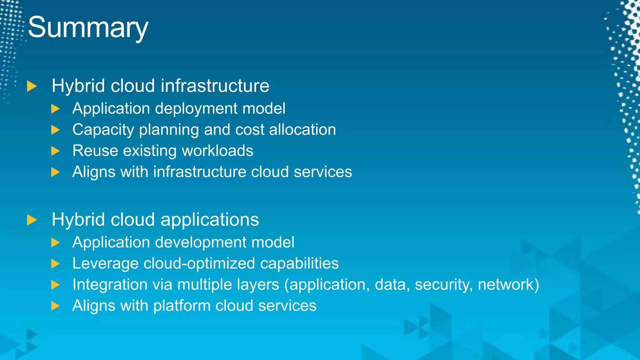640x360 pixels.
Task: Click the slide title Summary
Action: pos(88,27)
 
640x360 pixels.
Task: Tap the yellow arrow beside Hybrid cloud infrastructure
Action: pos(32,86)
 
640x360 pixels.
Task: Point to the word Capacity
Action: pos(103,130)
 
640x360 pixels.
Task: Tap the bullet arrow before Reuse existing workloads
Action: pos(55,151)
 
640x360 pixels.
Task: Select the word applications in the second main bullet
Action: pos(210,219)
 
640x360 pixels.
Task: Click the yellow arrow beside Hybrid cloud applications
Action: pos(32,220)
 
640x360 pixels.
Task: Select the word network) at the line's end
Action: pos(508,284)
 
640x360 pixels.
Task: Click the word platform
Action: pos(182,306)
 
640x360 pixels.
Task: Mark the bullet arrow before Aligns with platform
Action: pos(55,306)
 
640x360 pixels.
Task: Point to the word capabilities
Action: pos(299,263)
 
